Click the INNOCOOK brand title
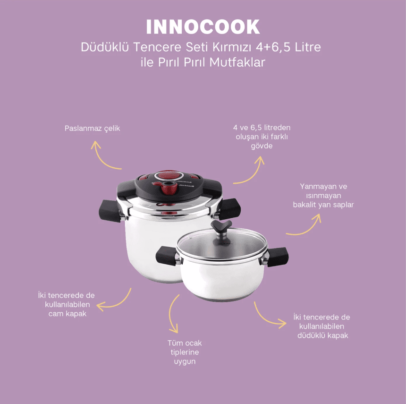tap(203, 27)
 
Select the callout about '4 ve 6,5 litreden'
tap(262, 137)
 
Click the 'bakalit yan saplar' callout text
tap(323, 196)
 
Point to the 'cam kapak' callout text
tap(67, 304)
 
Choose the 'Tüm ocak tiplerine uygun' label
tap(184, 352)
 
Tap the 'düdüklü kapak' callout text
tap(321, 326)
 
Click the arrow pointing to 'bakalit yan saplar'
tap(306, 225)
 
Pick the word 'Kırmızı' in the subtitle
tap(220, 48)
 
